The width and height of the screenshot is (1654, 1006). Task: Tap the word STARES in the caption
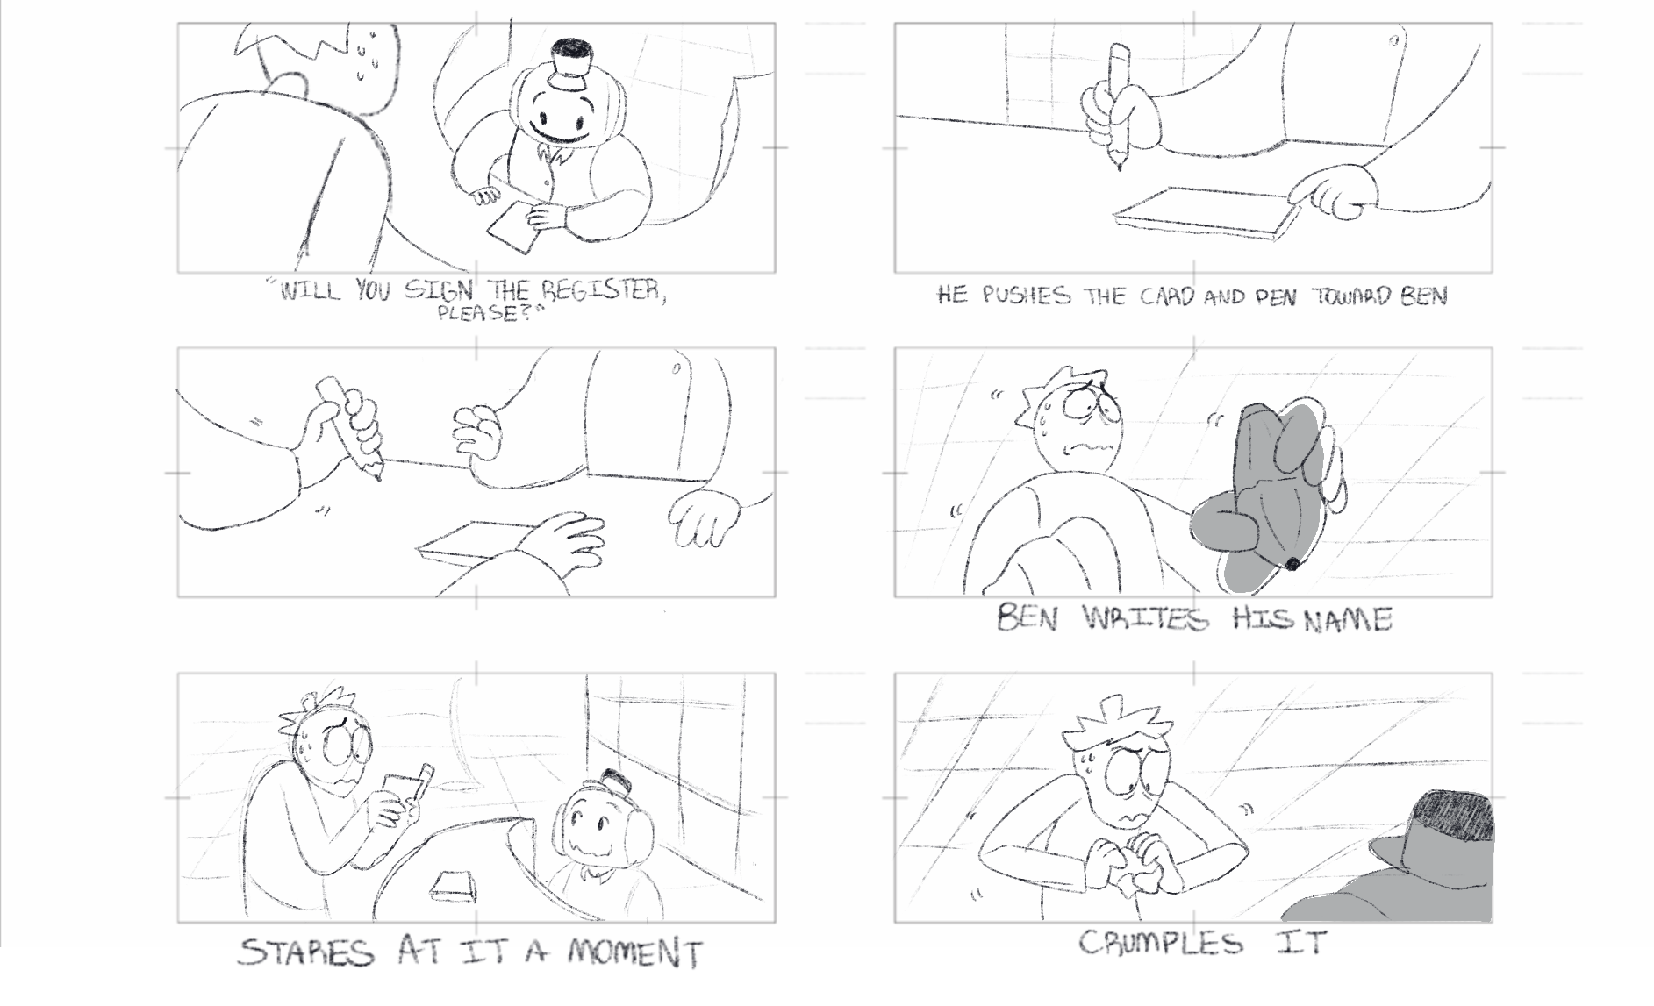click(x=304, y=953)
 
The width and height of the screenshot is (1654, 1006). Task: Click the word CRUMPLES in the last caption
click(x=1160, y=944)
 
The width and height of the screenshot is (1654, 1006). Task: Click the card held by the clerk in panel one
click(x=512, y=225)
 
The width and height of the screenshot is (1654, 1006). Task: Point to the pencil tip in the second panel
click(x=1118, y=164)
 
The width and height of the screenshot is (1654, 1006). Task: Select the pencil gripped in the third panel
click(x=351, y=427)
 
